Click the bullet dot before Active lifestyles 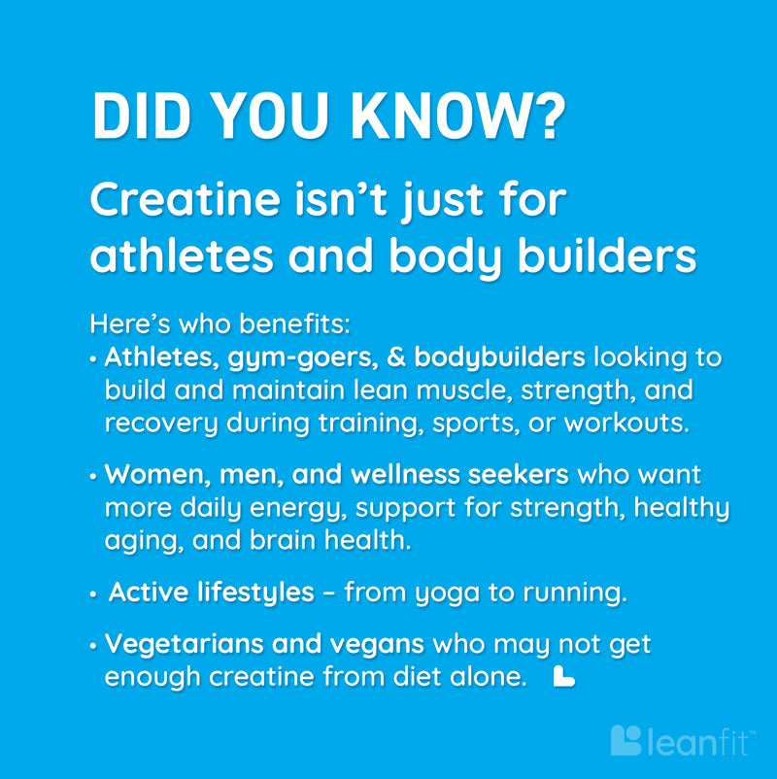coord(93,594)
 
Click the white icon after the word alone coord(563,676)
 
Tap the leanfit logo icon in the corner coord(625,740)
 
